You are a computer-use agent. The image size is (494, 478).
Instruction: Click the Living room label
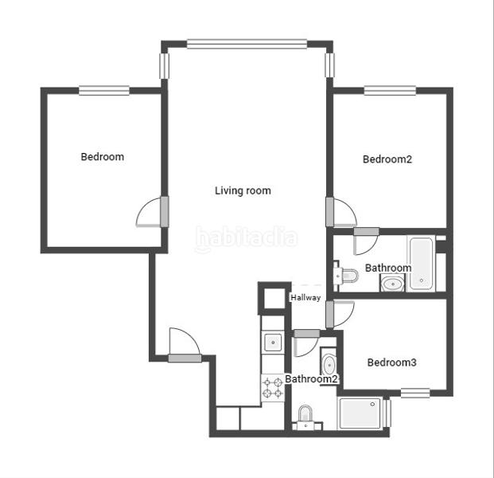pyautogui.click(x=243, y=190)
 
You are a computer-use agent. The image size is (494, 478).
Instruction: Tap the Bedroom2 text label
pyautogui.click(x=387, y=159)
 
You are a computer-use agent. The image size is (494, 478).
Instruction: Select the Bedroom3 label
pyautogui.click(x=391, y=362)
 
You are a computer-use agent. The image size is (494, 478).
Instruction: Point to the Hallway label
pyautogui.click(x=305, y=298)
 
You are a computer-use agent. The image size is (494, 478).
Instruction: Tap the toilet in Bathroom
pyautogui.click(x=347, y=276)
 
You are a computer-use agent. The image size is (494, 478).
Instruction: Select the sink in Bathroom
pyautogui.click(x=391, y=283)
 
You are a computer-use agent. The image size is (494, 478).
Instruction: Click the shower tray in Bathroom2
pyautogui.click(x=360, y=413)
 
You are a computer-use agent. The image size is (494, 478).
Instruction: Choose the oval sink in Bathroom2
pyautogui.click(x=329, y=364)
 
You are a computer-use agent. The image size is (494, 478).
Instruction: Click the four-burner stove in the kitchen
pyautogui.click(x=272, y=388)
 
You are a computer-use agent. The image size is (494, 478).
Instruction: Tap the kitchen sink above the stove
pyautogui.click(x=272, y=342)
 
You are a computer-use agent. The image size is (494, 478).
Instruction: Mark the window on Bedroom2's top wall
pyautogui.click(x=390, y=90)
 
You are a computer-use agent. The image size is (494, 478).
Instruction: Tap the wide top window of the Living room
pyautogui.click(x=247, y=45)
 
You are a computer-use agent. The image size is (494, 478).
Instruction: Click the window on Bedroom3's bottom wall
pyautogui.click(x=414, y=392)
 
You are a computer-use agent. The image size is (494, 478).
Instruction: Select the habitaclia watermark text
pyautogui.click(x=247, y=237)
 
